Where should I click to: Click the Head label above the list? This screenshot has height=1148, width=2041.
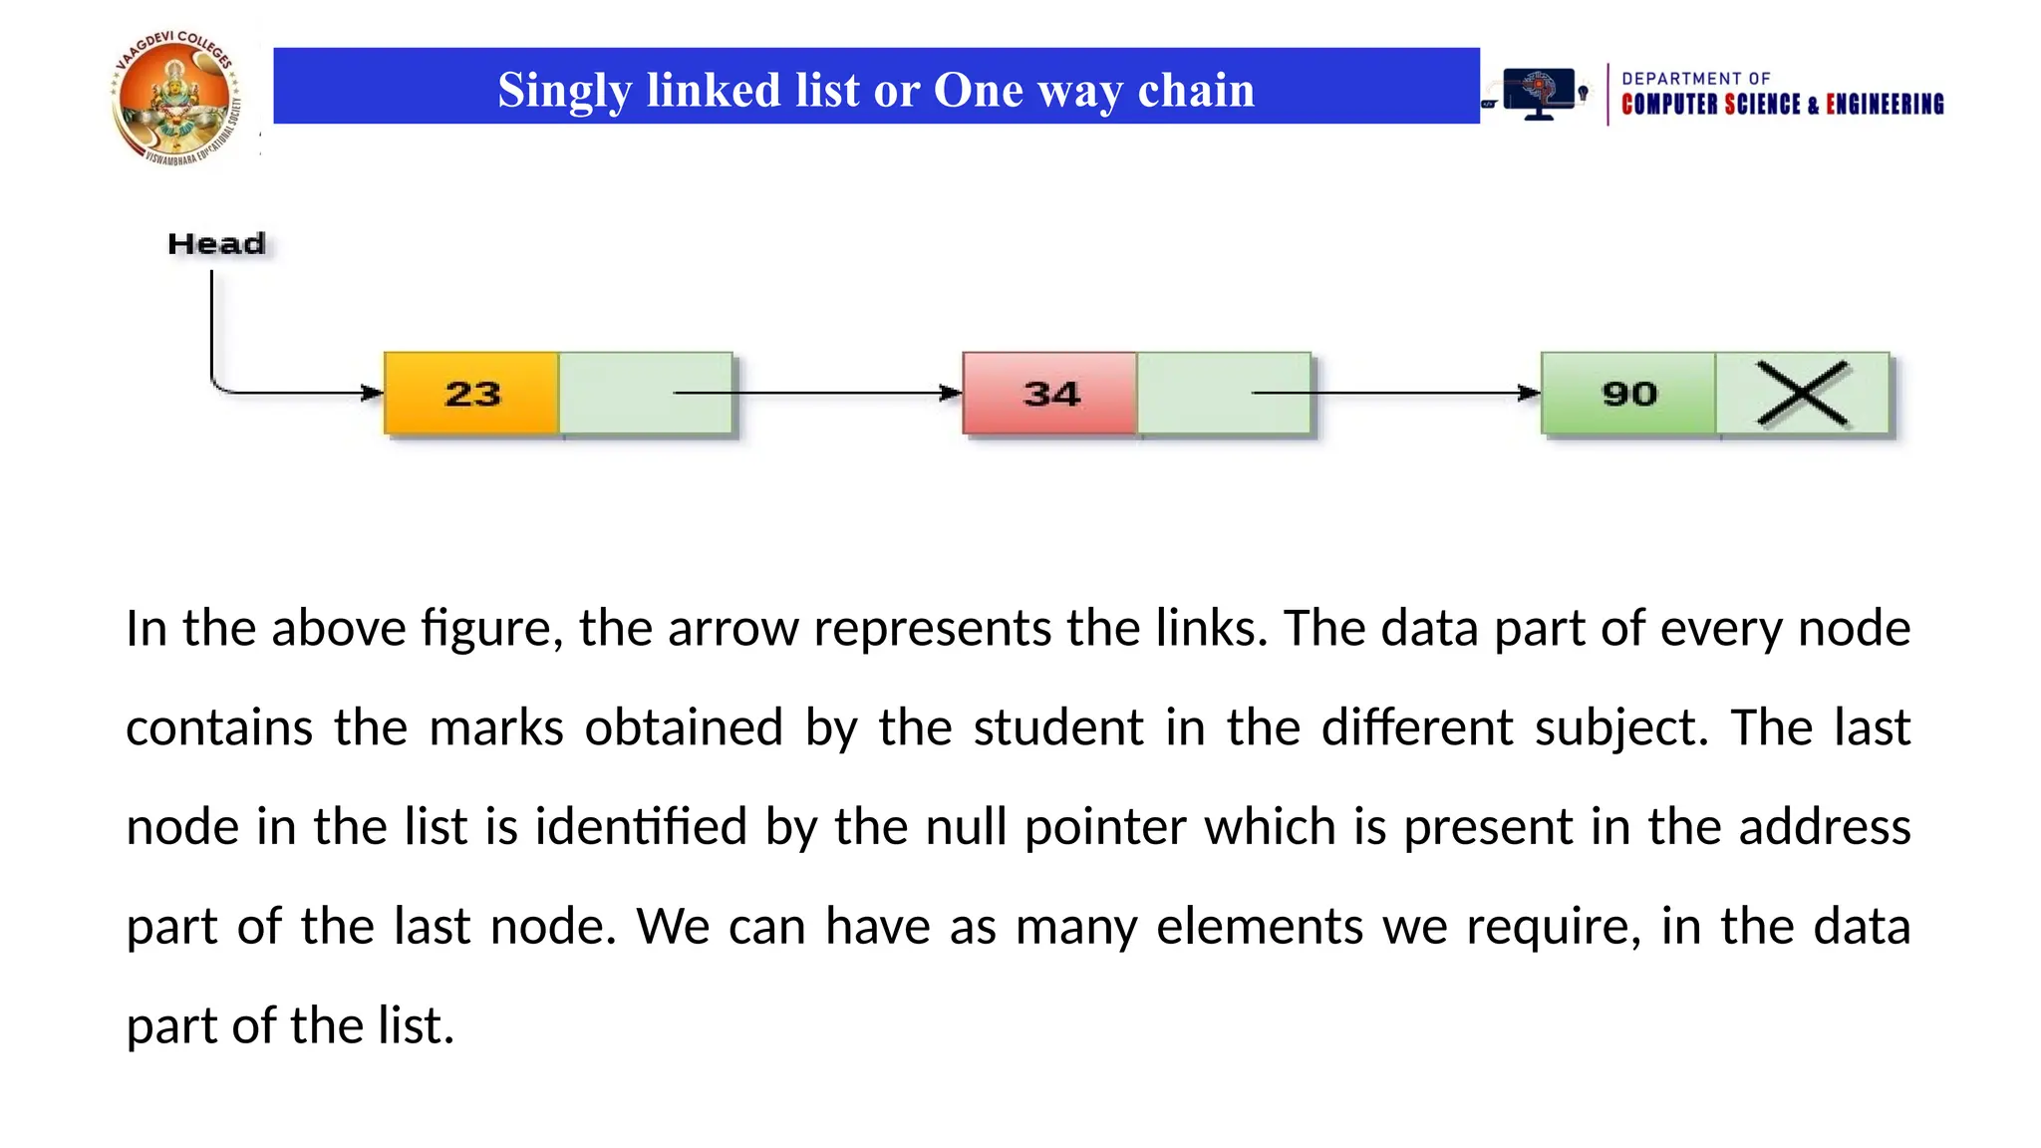[x=216, y=244]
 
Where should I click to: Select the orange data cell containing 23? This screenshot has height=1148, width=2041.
[x=471, y=394]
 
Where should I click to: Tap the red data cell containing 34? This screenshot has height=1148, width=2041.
[x=1050, y=394]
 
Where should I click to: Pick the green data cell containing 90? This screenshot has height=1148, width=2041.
[x=1628, y=394]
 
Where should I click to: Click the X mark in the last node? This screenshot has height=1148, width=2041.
[x=1802, y=394]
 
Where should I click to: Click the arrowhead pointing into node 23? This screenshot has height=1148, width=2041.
[x=372, y=393]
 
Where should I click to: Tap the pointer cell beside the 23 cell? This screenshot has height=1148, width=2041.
[x=618, y=394]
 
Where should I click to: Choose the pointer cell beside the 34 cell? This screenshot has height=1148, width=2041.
[x=1196, y=394]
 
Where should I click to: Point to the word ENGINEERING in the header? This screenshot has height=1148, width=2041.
[x=1885, y=105]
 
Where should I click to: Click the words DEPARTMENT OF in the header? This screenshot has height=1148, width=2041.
[x=1695, y=79]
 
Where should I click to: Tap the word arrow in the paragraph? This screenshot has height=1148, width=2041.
[x=732, y=629]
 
